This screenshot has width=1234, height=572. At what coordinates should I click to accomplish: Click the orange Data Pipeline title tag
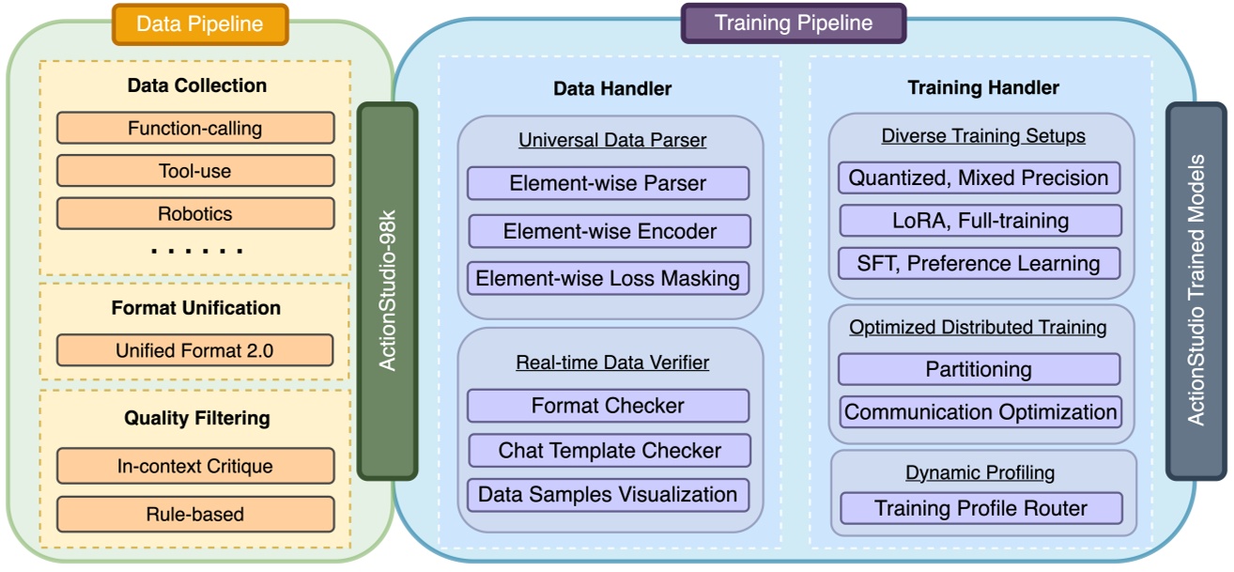(199, 23)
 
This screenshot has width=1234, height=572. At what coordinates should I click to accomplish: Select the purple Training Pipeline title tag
(794, 23)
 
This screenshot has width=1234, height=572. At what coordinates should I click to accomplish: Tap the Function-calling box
(195, 128)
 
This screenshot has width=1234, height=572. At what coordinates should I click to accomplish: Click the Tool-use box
(195, 171)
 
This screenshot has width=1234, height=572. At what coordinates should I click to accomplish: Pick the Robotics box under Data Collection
(195, 214)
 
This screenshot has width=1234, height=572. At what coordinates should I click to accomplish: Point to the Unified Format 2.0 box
(195, 350)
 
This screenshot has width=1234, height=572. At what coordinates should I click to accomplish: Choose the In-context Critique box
(195, 466)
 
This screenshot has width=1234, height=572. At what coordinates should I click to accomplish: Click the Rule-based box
(195, 514)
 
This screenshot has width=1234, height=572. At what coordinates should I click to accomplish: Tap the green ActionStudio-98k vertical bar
(387, 291)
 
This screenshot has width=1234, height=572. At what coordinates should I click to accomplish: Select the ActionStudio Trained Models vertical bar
(1195, 291)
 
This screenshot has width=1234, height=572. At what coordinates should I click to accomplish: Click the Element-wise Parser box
(608, 183)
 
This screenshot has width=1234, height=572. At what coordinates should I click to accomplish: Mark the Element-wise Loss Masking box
(608, 278)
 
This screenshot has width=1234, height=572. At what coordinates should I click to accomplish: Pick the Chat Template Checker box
(609, 450)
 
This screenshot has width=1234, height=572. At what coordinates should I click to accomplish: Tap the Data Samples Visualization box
(608, 494)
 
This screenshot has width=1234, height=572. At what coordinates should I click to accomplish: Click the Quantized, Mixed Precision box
(979, 178)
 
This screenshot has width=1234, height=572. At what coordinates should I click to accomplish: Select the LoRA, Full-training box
(980, 221)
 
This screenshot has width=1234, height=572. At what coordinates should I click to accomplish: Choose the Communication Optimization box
(980, 412)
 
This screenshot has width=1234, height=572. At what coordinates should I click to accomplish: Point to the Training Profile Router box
(980, 508)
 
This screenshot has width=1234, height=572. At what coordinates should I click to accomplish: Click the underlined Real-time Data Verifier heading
(612, 363)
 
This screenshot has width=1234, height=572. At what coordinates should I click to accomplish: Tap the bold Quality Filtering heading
(196, 418)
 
